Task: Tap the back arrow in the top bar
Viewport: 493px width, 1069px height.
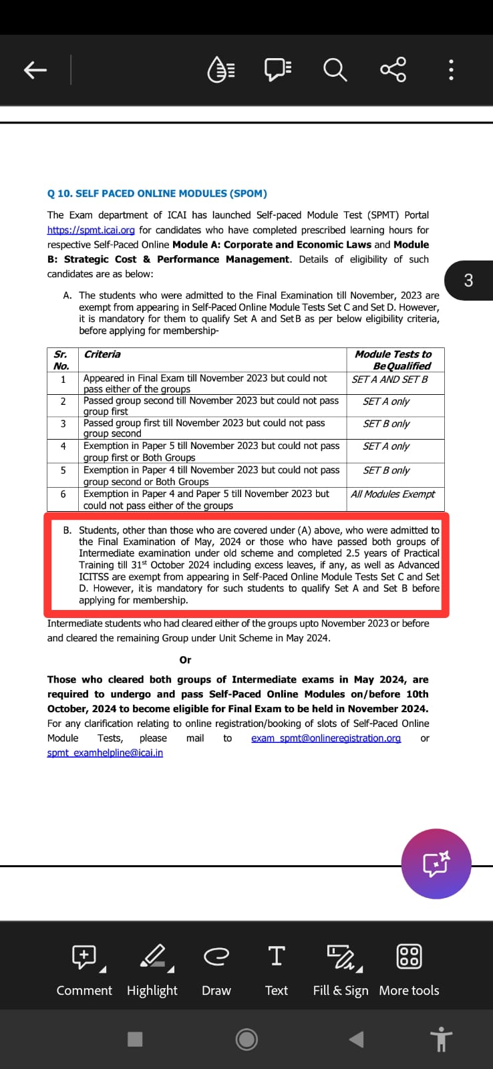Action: [35, 69]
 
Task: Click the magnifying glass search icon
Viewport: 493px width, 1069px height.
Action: [335, 69]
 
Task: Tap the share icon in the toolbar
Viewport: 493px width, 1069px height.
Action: [393, 69]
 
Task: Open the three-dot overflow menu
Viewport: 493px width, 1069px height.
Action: [452, 69]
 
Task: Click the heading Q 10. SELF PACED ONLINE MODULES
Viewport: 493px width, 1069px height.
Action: [157, 194]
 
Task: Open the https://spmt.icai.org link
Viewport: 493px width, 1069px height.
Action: [91, 230]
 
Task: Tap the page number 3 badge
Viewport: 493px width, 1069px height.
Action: [468, 280]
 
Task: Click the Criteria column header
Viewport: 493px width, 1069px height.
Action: [102, 355]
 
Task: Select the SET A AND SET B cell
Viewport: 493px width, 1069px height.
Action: [389, 379]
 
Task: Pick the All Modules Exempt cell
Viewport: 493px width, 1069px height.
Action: [393, 494]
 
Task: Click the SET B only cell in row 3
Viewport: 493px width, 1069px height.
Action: [386, 424]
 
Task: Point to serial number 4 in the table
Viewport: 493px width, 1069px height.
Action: [63, 446]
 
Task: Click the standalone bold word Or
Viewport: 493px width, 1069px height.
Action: [185, 660]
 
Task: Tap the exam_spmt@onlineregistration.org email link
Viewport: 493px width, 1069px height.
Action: [326, 738]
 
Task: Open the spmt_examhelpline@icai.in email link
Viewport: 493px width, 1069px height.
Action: [105, 753]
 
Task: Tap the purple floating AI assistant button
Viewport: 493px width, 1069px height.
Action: [436, 864]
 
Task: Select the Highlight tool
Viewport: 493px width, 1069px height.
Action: [152, 969]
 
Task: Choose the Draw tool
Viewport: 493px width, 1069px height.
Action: [216, 969]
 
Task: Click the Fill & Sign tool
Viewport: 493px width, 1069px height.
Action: [341, 969]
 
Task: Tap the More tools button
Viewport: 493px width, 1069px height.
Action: [409, 969]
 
